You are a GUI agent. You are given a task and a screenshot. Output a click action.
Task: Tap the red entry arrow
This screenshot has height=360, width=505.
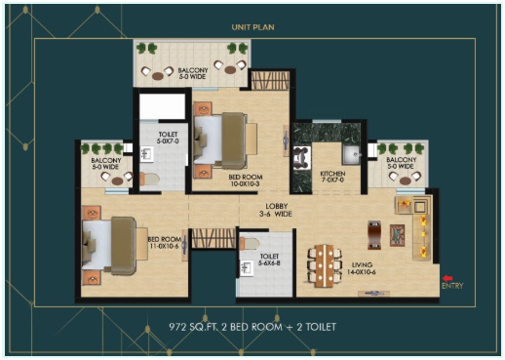coord(447,277)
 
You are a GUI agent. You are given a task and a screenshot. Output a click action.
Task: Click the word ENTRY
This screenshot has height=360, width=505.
coord(450,286)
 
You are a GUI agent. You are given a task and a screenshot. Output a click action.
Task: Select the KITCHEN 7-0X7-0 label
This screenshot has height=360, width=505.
coord(332,177)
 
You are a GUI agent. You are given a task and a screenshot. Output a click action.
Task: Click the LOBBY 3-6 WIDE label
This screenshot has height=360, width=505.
coord(277,211)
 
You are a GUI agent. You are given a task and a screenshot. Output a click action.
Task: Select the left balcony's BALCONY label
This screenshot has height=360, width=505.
coord(105,160)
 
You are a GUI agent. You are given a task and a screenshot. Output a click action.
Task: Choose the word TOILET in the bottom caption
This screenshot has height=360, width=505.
coord(313,326)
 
